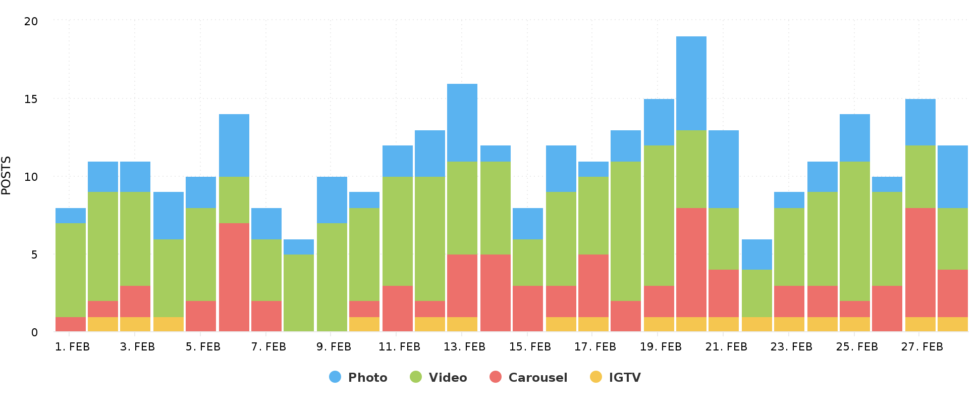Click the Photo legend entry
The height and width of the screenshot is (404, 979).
pos(358,377)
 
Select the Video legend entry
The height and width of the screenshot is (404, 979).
pos(438,377)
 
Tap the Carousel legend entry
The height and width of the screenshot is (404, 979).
pos(528,377)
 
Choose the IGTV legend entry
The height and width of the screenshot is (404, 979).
pos(615,377)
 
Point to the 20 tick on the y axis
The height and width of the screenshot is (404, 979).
pos(31,21)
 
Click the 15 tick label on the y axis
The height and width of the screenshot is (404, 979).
pos(31,99)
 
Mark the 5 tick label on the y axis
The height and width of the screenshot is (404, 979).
pos(34,255)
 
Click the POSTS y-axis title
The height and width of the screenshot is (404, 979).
pos(6,176)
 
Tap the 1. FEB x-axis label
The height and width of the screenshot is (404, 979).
pos(72,347)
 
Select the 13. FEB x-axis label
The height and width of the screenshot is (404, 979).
pos(464,347)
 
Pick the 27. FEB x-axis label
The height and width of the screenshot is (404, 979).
pos(922,347)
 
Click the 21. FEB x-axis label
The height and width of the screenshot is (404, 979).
pos(726,347)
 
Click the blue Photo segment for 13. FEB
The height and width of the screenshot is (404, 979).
pos(462,123)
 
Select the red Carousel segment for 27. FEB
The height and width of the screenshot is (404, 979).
pos(920,263)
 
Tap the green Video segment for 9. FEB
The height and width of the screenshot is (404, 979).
pos(332,277)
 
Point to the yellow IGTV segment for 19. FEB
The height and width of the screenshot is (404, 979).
pos(659,324)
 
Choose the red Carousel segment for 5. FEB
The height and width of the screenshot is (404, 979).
pos(201,316)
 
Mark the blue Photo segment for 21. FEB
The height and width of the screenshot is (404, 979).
pos(724,169)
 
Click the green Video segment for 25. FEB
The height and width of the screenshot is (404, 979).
pos(855,231)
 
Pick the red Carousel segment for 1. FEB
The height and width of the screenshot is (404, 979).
pos(71,324)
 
